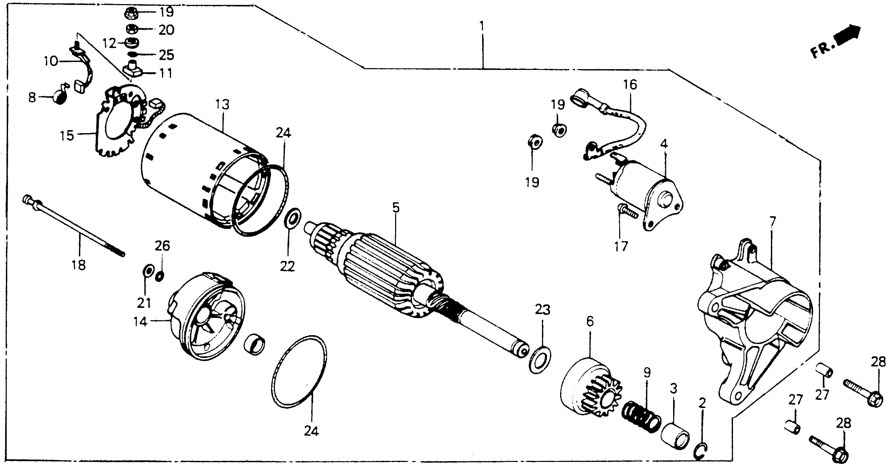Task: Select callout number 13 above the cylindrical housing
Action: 222,104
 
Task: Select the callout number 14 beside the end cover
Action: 141,322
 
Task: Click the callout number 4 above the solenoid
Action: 664,143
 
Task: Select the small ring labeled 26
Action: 160,276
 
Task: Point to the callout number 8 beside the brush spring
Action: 32,97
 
